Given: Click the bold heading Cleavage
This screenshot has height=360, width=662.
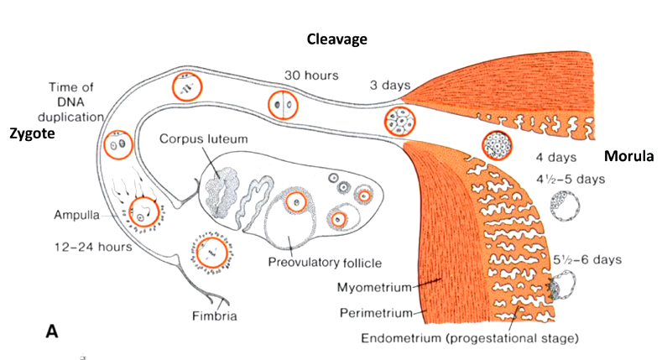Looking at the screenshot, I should coord(336,39).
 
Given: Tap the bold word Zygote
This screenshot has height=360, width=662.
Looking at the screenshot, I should coord(31,133).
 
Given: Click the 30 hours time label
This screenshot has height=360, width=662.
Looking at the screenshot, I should coord(311,76).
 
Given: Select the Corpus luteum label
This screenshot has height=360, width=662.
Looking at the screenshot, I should coord(199,137).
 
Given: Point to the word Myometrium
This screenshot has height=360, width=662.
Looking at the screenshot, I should coord(373,288).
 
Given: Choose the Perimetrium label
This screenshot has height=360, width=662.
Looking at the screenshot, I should coord(374,313).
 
